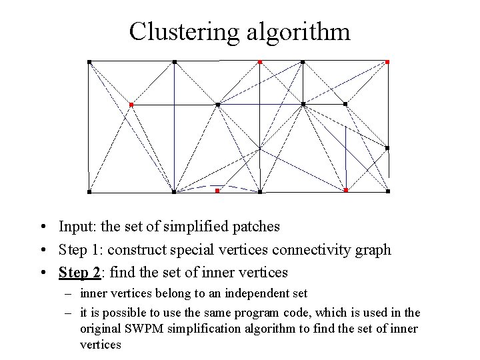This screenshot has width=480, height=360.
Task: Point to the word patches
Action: (x=256, y=227)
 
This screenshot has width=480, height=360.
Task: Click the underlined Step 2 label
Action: (x=79, y=272)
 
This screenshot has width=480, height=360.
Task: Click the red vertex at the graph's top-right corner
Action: (x=387, y=62)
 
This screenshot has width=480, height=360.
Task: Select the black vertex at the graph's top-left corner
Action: (x=89, y=62)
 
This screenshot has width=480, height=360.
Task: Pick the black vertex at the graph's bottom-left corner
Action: (x=89, y=192)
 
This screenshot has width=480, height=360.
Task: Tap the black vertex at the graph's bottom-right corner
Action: (x=388, y=191)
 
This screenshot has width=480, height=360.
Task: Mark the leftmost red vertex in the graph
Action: (x=131, y=105)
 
